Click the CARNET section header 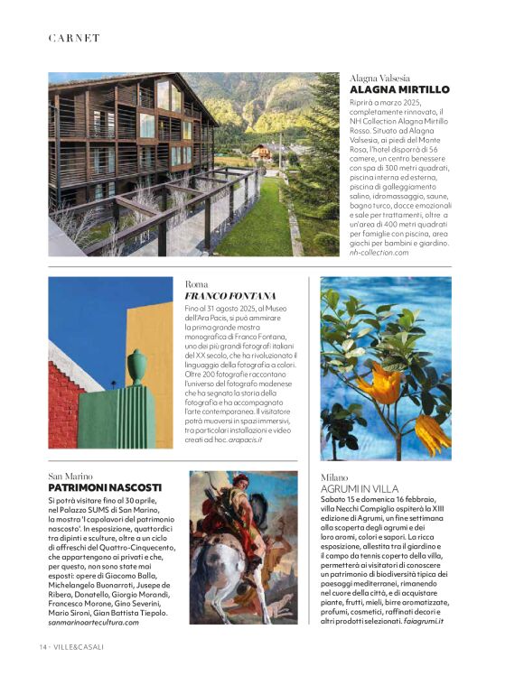74,38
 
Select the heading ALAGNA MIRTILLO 398,90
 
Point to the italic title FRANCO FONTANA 229,296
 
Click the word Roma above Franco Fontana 196,283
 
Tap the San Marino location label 71,475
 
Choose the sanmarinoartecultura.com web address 94,623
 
